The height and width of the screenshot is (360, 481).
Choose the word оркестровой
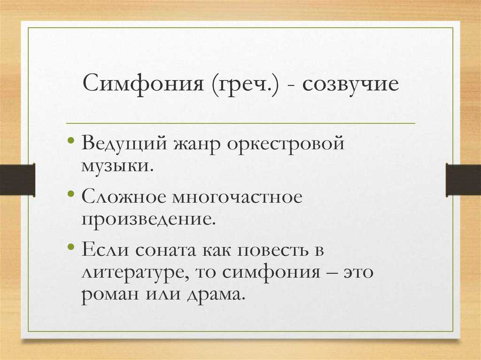point(286,143)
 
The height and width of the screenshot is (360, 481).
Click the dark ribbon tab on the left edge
point(17,179)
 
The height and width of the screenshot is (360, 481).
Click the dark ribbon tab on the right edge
point(463,179)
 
